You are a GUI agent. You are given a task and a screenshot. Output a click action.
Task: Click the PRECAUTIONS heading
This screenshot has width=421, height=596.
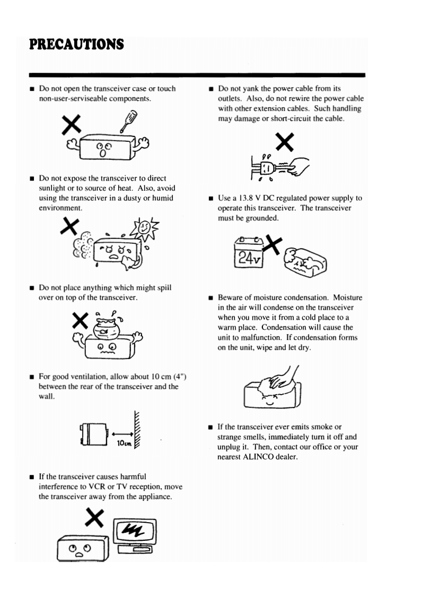tap(77, 44)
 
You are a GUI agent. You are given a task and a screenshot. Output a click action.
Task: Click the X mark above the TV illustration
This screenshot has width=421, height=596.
tap(93, 516)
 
